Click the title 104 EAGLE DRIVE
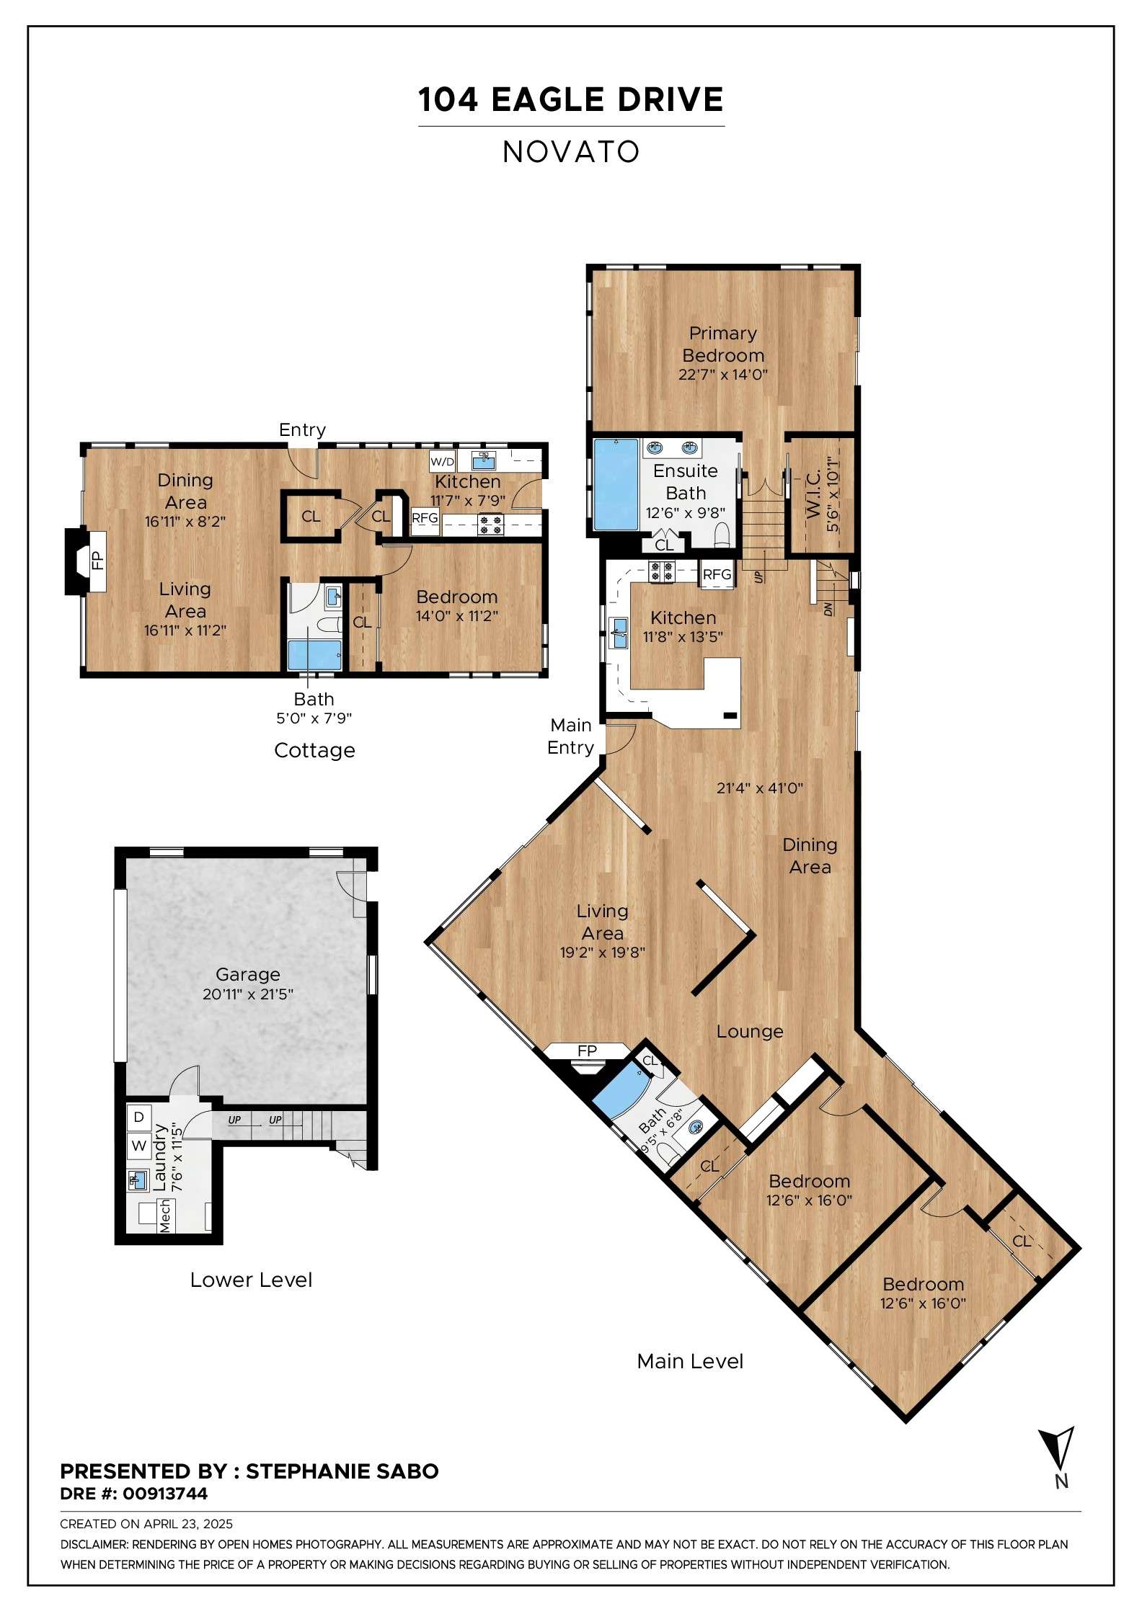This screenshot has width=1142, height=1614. coord(571,99)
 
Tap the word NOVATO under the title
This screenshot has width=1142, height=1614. coord(571,152)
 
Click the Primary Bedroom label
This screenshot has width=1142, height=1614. coord(723,344)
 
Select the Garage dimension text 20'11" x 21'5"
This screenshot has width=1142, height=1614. coord(248,994)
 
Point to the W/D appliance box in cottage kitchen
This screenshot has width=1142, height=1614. coord(442,461)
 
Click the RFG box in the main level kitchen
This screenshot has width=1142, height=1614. coord(717,574)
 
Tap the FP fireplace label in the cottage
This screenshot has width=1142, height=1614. coord(97,560)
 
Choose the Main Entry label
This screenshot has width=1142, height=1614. coord(571,736)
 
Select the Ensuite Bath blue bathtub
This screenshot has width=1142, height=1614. coord(615,484)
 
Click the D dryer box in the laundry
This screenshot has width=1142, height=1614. coord(139,1117)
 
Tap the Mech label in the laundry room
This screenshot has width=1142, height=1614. coord(165,1216)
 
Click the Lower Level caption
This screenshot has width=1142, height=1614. coord(251,1280)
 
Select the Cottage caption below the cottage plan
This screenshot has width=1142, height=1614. coord(314,751)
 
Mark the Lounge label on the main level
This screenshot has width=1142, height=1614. coord(750,1031)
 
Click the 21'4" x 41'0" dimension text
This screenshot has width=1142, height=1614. coord(760,788)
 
